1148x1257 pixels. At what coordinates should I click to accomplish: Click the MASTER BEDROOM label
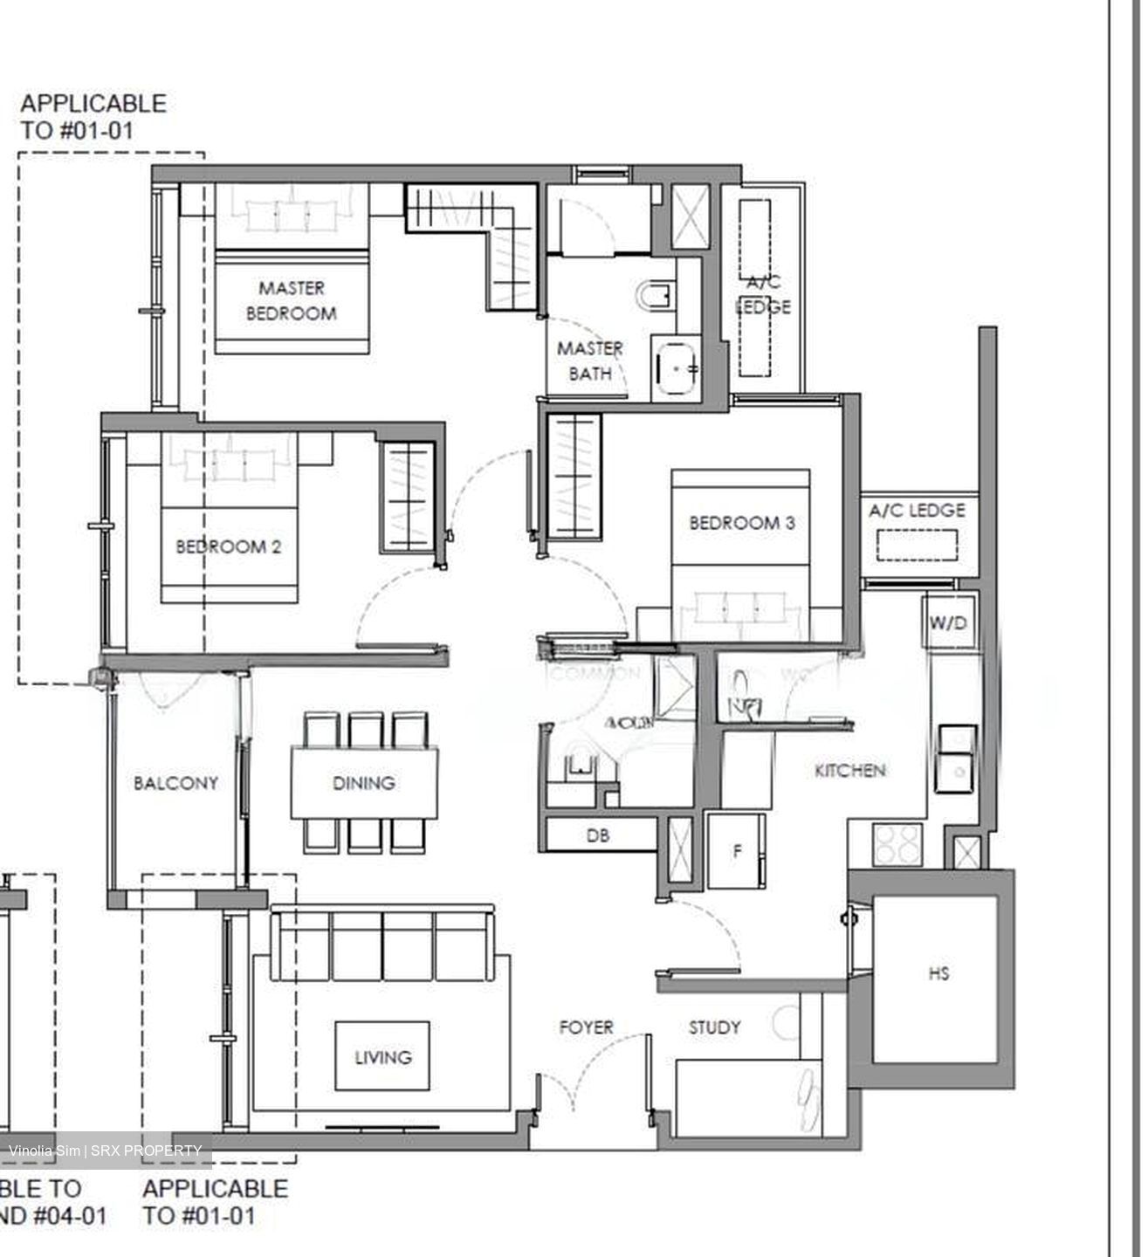pyautogui.click(x=291, y=300)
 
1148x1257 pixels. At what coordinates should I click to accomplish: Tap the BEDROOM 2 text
pyautogui.click(x=228, y=547)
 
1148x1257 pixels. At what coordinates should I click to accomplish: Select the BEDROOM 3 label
pyautogui.click(x=741, y=523)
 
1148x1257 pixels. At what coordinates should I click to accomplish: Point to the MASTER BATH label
pyautogui.click(x=589, y=361)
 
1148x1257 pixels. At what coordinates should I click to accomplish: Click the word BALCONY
pyautogui.click(x=175, y=783)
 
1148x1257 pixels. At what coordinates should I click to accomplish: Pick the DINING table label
pyautogui.click(x=363, y=783)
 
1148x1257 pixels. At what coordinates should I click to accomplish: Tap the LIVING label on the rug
pyautogui.click(x=382, y=1057)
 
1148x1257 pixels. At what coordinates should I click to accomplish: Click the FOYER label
pyautogui.click(x=586, y=1027)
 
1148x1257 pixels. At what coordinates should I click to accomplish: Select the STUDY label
pyautogui.click(x=714, y=1027)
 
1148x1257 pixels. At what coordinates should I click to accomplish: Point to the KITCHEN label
pyautogui.click(x=849, y=770)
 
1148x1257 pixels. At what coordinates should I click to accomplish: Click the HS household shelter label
pyautogui.click(x=938, y=973)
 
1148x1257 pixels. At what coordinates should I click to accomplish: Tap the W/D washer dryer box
pyautogui.click(x=948, y=623)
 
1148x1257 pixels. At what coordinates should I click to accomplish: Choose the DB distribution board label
pyautogui.click(x=597, y=835)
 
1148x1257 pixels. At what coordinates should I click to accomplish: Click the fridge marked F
pyautogui.click(x=736, y=850)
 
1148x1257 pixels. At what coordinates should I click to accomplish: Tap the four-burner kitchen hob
pyautogui.click(x=897, y=844)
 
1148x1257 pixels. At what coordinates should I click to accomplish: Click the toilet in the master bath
pyautogui.click(x=656, y=297)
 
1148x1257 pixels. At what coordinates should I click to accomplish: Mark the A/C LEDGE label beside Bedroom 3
pyautogui.click(x=917, y=511)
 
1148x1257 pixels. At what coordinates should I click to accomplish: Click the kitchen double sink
pyautogui.click(x=955, y=758)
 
